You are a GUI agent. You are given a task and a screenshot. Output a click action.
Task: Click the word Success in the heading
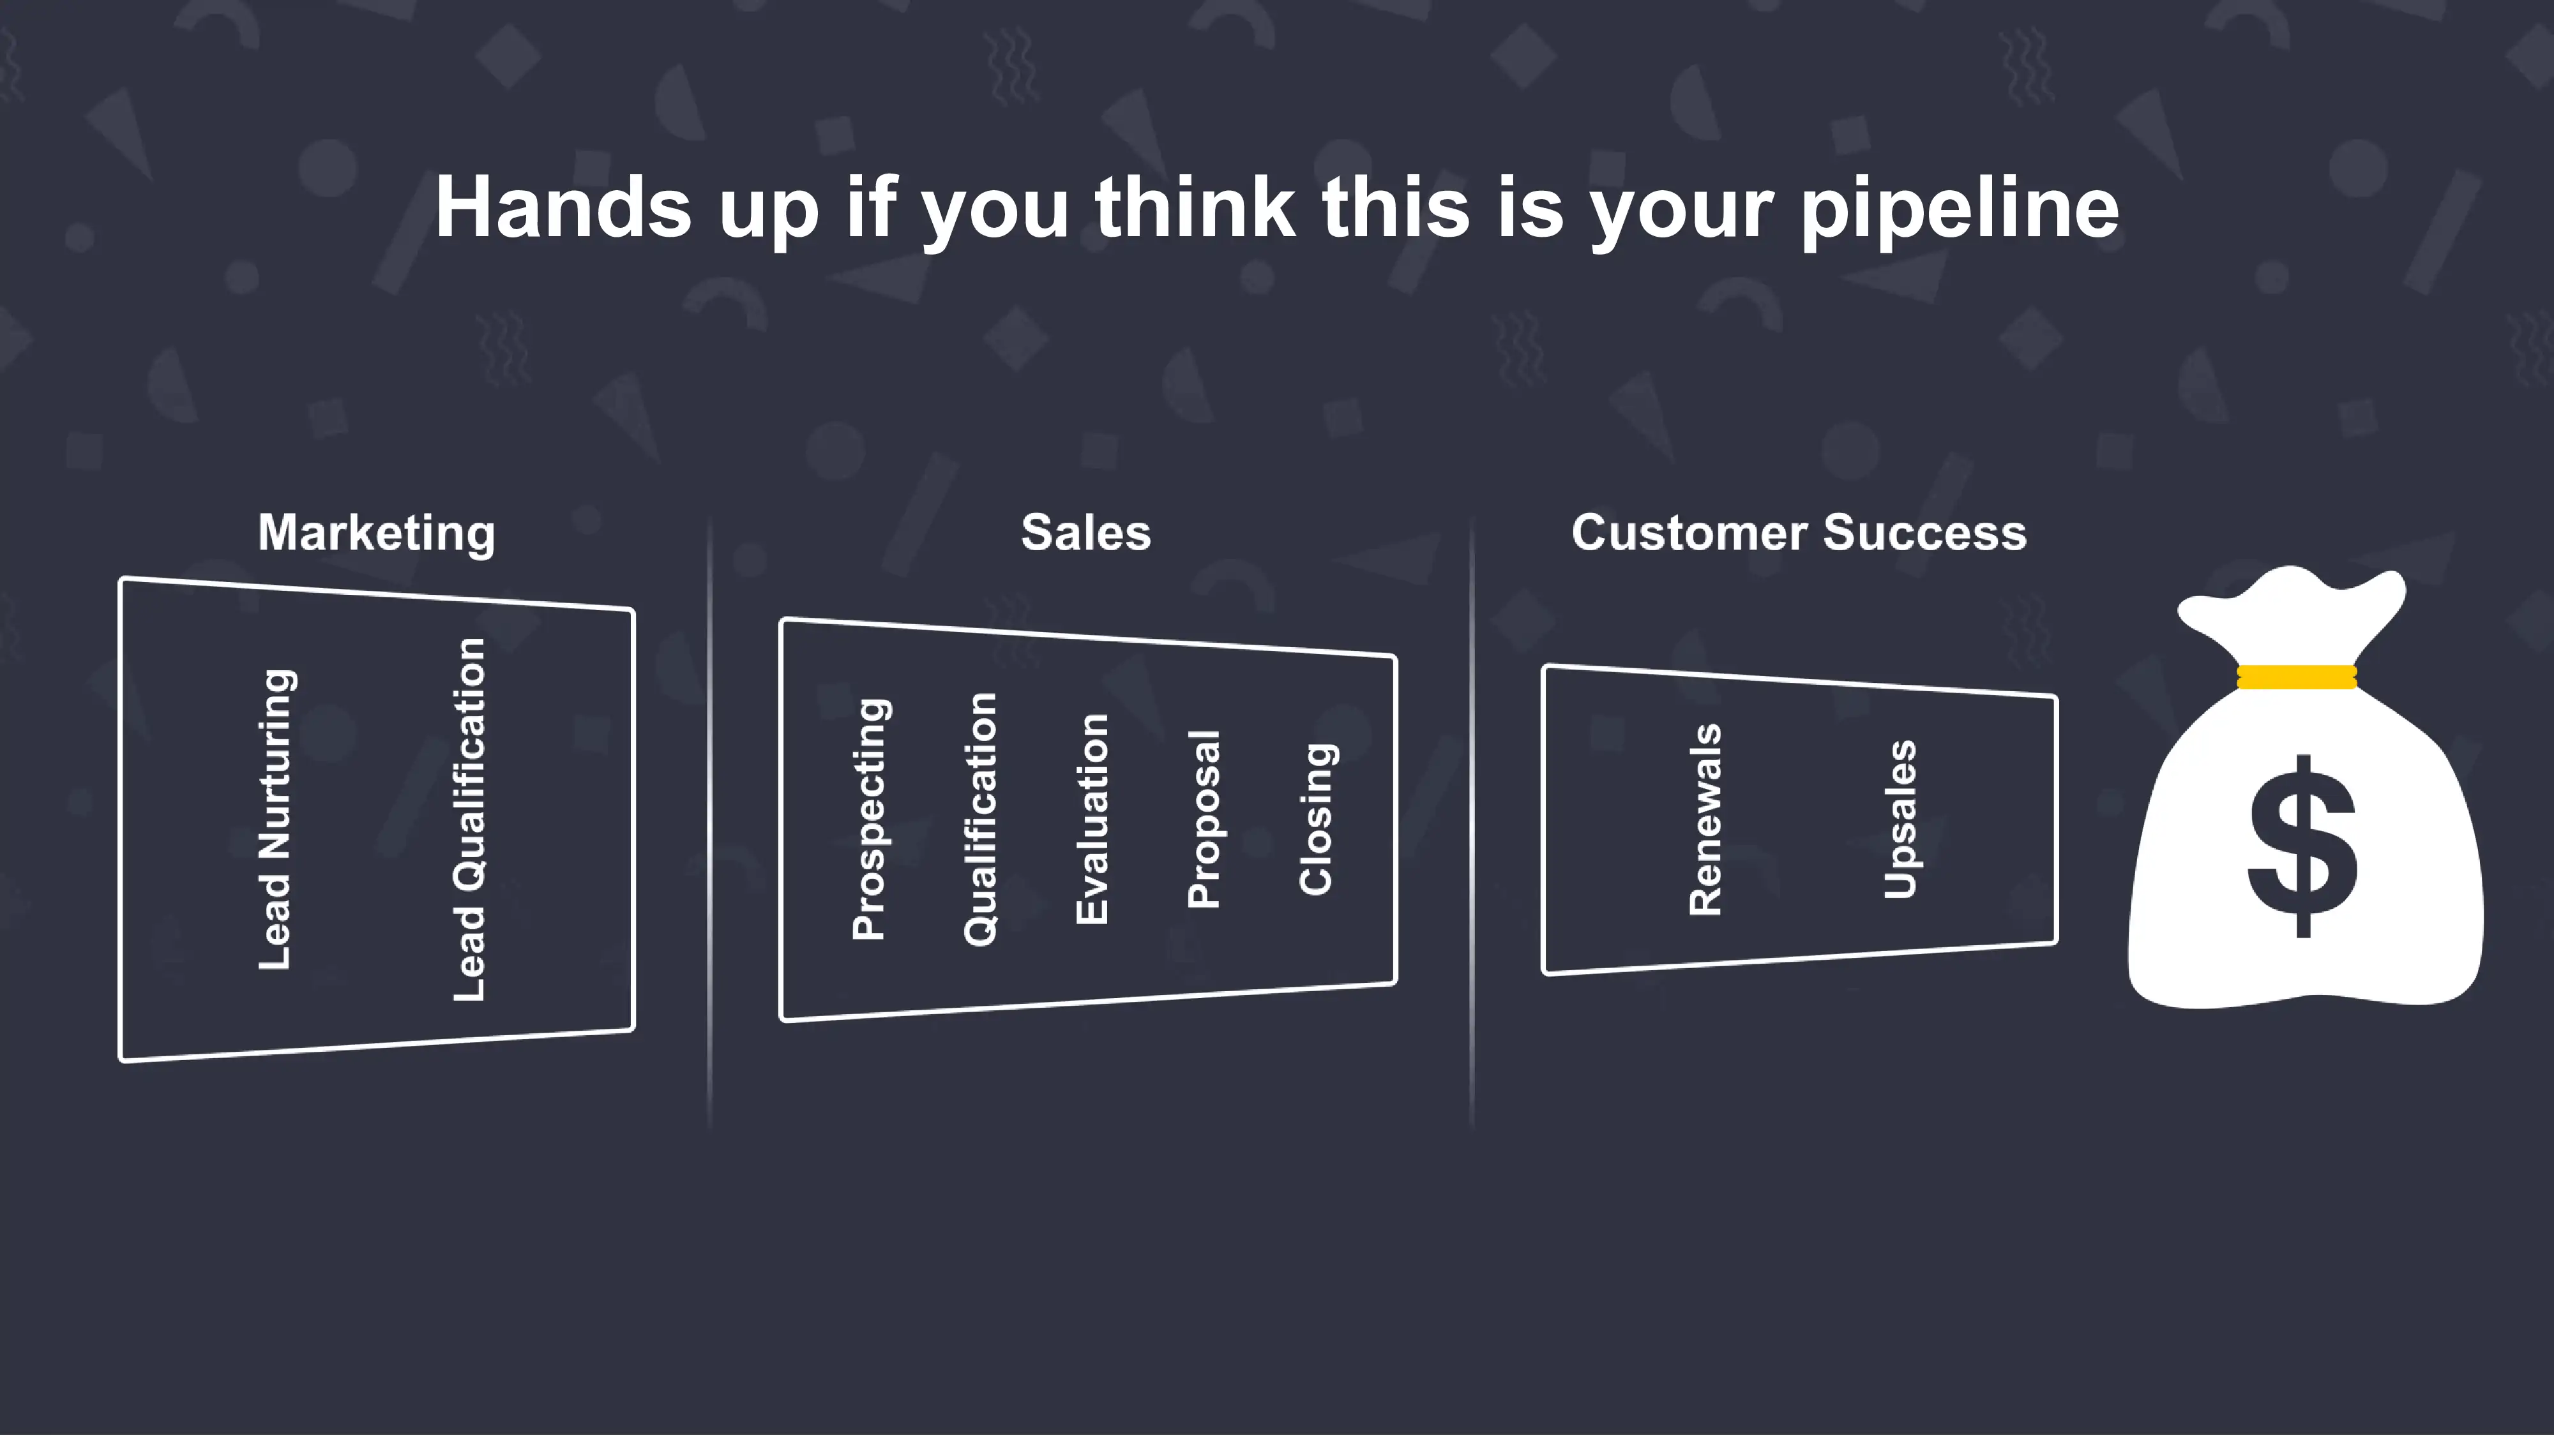1926,532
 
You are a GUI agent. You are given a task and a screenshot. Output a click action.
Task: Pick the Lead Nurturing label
276,819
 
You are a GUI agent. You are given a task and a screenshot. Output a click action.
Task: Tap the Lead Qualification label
469,819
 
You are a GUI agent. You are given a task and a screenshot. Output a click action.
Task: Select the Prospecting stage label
870,819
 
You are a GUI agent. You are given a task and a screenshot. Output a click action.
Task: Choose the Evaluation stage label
1092,819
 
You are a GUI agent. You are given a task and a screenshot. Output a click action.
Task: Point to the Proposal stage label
1204,819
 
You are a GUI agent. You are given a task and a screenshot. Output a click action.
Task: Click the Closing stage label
1317,819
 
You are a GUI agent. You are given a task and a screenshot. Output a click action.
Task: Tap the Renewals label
1705,819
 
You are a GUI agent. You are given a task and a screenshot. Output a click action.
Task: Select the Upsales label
1900,819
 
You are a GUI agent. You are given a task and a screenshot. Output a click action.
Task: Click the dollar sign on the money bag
2302,846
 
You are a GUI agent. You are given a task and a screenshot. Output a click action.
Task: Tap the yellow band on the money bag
2297,677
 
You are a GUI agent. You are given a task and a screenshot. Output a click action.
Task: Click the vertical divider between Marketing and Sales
710,823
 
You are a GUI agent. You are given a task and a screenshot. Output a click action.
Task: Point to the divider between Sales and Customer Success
1471,823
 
